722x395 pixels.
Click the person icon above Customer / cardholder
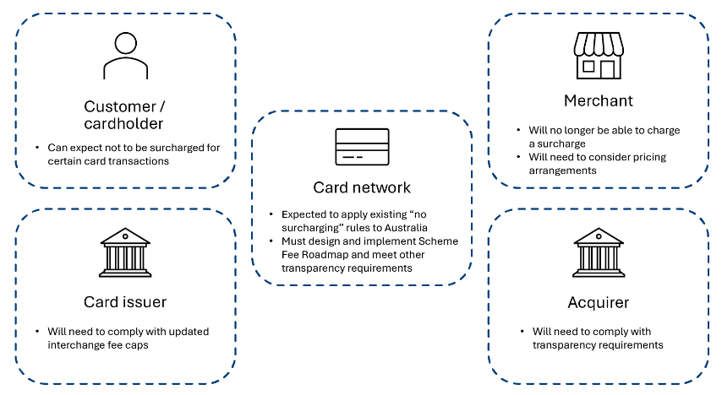coord(124,57)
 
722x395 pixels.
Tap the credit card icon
coord(362,147)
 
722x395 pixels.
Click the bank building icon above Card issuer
coord(124,252)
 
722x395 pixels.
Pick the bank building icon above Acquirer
coord(598,252)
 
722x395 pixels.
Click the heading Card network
coord(362,187)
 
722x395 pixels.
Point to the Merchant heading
coord(598,101)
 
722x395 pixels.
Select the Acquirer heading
coord(598,302)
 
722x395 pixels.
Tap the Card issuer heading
coord(124,302)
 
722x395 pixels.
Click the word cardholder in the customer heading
coord(124,124)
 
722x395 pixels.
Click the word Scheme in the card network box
coord(440,241)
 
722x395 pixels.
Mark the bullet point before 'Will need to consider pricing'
coord(520,158)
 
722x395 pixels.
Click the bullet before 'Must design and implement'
coord(271,241)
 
